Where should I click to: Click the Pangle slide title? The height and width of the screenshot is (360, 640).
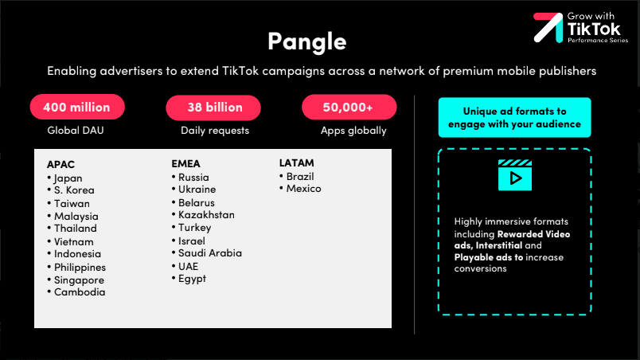[307, 41]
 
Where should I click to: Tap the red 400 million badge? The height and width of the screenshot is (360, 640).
[77, 107]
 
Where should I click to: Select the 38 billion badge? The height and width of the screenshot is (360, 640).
[213, 108]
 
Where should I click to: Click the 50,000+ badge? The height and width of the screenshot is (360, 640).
[349, 107]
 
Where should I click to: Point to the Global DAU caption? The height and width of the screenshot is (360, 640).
[76, 130]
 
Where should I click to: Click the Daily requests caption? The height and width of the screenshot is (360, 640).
[215, 131]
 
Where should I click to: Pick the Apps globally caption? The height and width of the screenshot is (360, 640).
[353, 131]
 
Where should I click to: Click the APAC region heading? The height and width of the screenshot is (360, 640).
[60, 165]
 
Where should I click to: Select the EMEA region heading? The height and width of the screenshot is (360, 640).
[185, 164]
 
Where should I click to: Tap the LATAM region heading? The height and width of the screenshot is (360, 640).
[297, 162]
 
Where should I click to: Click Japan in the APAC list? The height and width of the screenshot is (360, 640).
[68, 178]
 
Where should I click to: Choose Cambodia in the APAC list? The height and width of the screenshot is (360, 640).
[80, 292]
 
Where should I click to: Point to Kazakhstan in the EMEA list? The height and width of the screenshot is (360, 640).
[206, 215]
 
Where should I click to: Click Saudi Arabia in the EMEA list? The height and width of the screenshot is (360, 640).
[210, 253]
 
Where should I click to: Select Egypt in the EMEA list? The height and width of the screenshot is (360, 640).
[192, 279]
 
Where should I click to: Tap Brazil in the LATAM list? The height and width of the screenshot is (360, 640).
[300, 177]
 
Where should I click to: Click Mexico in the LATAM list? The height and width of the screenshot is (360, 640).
[303, 189]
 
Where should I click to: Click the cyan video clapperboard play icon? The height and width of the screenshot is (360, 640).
[515, 175]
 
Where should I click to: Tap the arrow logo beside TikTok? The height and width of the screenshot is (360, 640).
[548, 27]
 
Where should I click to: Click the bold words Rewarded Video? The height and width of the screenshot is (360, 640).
[533, 234]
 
